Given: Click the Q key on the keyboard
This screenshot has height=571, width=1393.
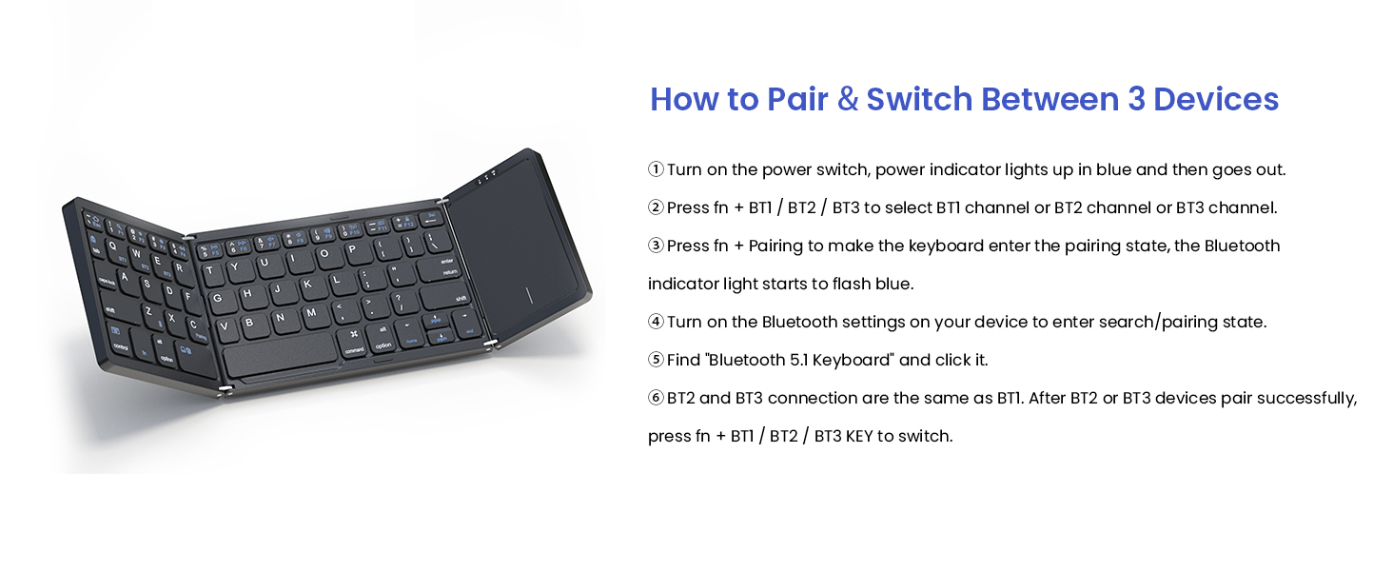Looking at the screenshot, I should click(112, 246).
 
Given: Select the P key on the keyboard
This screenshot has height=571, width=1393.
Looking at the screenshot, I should click(351, 250).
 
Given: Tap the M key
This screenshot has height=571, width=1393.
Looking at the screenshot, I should click(310, 312).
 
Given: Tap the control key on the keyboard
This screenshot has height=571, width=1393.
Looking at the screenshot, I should click(121, 347).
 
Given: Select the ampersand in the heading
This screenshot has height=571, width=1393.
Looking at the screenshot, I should click(848, 99).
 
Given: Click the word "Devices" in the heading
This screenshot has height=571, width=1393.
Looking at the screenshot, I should click(1216, 99).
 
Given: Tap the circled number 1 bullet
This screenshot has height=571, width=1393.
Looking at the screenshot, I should click(656, 169).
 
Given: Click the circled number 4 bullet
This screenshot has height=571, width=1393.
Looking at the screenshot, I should click(656, 322).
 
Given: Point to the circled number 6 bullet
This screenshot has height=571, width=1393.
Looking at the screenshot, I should click(656, 398).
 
